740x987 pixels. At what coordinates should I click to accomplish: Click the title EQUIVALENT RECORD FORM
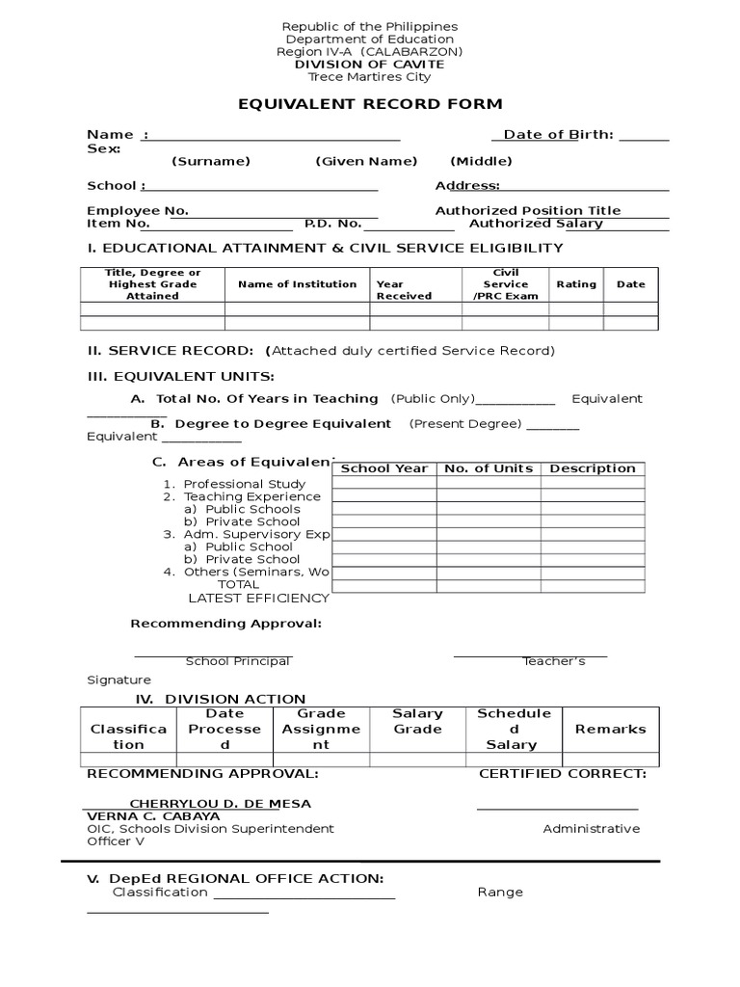tap(370, 104)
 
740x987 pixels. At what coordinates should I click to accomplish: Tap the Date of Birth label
tap(558, 135)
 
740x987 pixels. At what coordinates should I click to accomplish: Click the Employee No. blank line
tap(284, 212)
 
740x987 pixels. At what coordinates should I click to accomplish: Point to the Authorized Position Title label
tap(528, 211)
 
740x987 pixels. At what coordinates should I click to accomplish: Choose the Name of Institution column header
tap(297, 284)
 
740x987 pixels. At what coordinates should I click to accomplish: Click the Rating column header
tap(576, 284)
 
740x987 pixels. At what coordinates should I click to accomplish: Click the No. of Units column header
tap(488, 468)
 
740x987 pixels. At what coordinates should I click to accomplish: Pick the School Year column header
tap(384, 468)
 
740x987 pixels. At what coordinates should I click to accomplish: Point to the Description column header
tap(593, 468)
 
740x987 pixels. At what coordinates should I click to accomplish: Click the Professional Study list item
tap(245, 484)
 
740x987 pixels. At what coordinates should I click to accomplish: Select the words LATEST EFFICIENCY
tap(258, 598)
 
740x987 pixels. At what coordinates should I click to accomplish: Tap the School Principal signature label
tap(237, 661)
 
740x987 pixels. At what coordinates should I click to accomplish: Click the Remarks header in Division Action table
tap(610, 730)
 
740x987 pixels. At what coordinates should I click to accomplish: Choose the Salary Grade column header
tap(417, 722)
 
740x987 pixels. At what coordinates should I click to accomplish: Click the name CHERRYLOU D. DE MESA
tap(221, 804)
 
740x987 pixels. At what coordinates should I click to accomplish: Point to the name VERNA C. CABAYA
tap(153, 816)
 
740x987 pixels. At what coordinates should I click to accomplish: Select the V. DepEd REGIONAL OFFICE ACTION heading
tap(235, 878)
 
